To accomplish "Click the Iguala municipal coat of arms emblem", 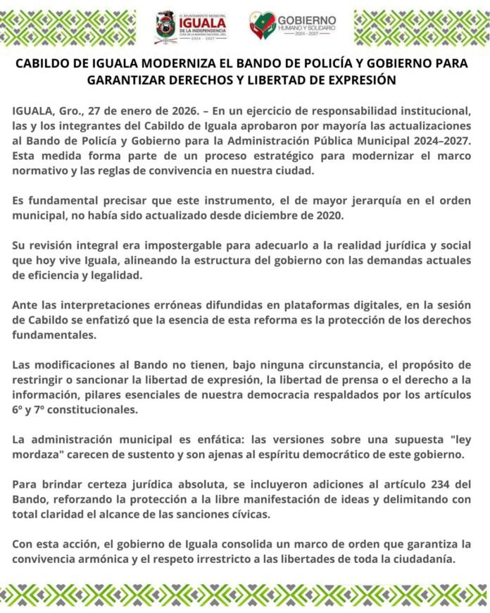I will [x=167, y=26].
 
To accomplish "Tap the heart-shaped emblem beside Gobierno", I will [x=262, y=25].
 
